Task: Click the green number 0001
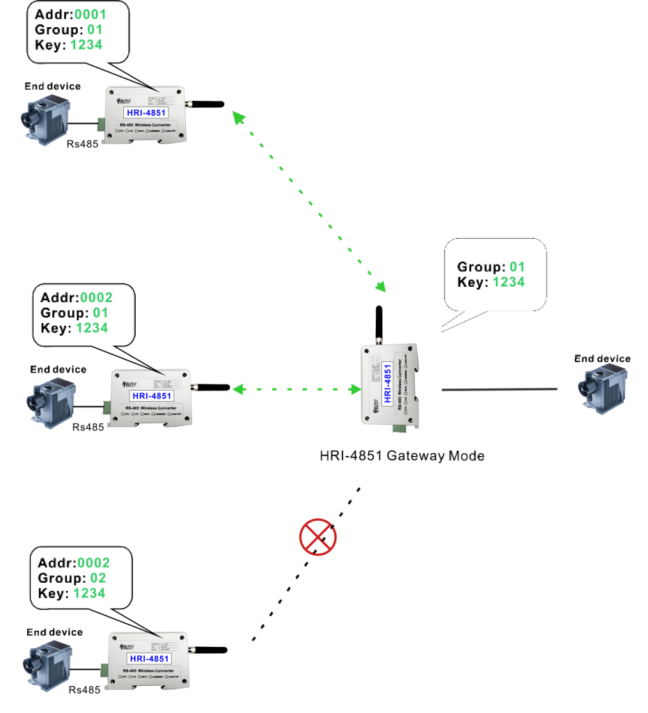coord(90,14)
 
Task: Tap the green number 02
coord(98,578)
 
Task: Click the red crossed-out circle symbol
coord(318,537)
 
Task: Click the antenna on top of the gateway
coord(379,324)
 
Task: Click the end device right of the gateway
coord(601,389)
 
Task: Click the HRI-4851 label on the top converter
coord(148,112)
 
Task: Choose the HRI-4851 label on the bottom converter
coord(149,659)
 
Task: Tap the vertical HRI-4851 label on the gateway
coord(388,383)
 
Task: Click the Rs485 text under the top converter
coord(82,144)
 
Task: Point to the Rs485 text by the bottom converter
coord(85,690)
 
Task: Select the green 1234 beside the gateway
coord(509,281)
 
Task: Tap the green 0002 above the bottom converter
coord(93,563)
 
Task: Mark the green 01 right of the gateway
coord(516,266)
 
